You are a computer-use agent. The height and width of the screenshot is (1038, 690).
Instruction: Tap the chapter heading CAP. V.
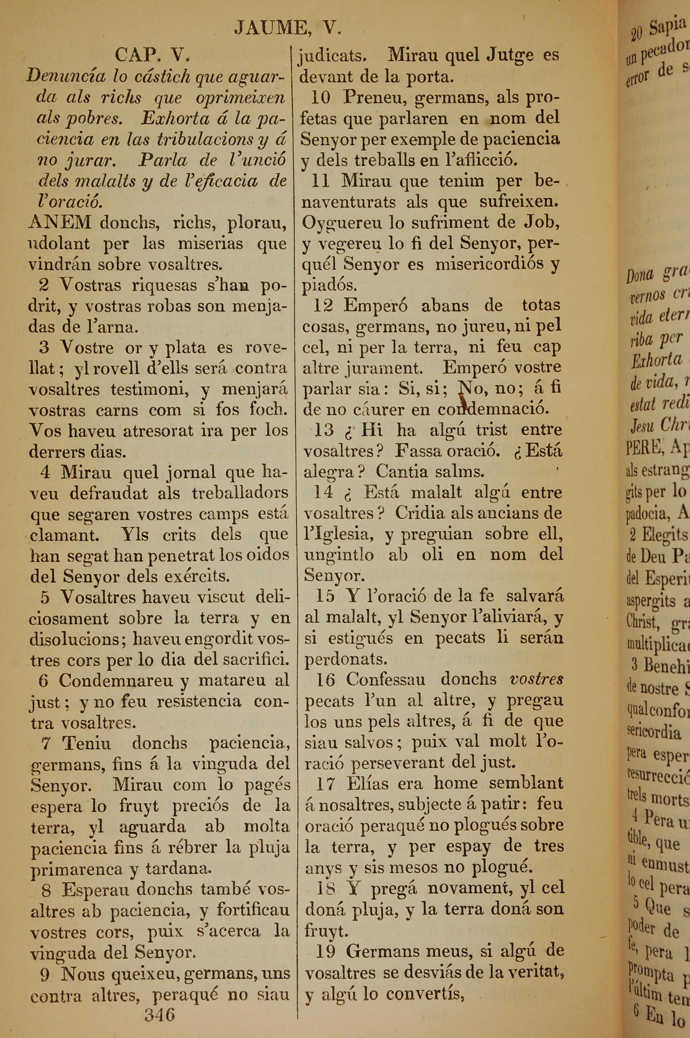tap(152, 56)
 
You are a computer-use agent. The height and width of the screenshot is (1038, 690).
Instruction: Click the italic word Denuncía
tap(65, 77)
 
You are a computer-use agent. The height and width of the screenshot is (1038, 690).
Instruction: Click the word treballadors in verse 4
tap(240, 493)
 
